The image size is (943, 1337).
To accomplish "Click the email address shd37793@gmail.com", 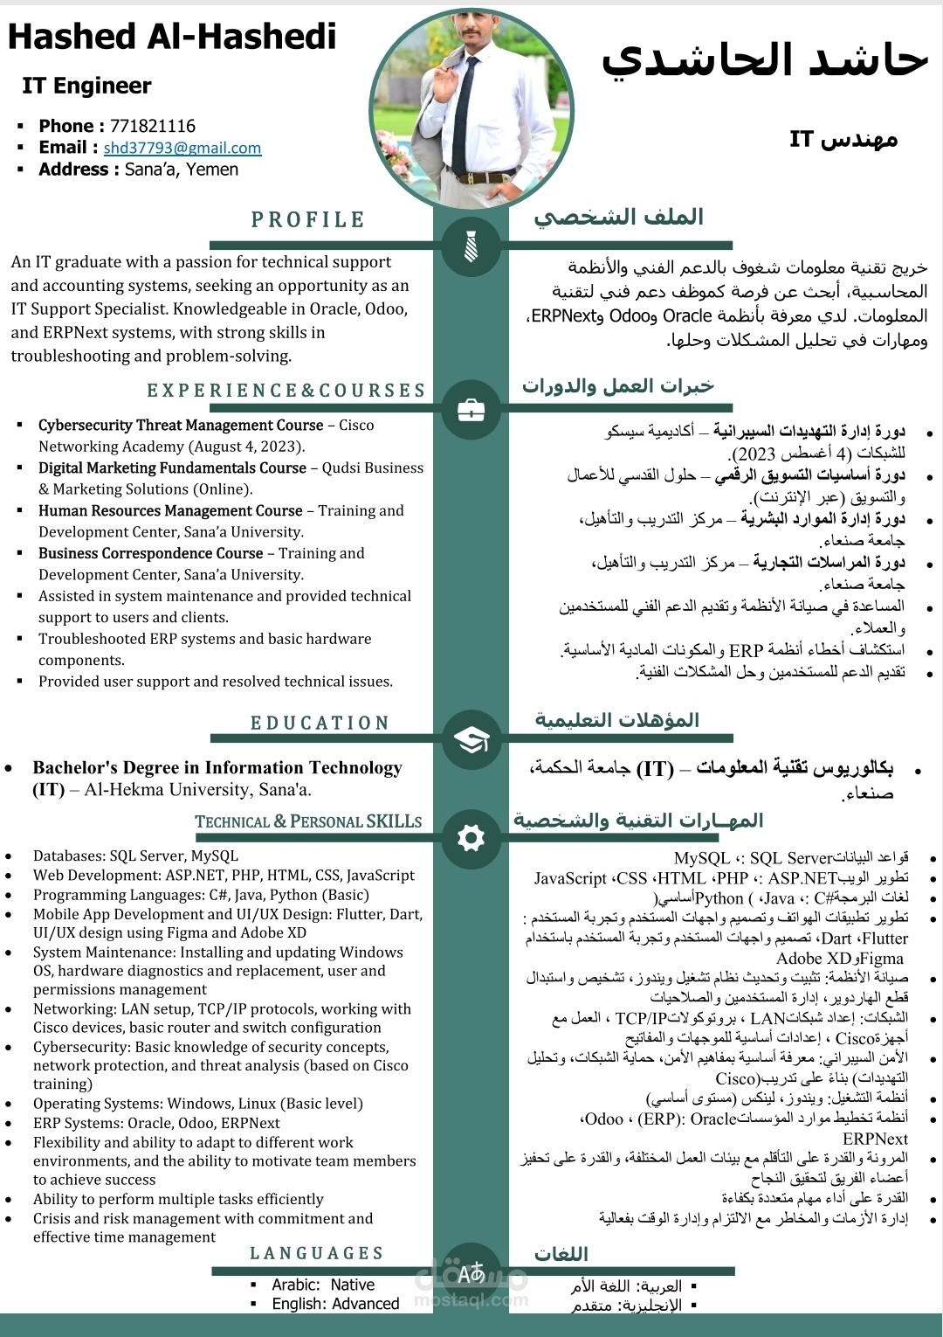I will pos(182,149).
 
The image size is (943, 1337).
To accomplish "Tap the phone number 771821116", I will pos(152,126).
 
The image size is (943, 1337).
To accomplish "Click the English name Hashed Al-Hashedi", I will pos(172,37).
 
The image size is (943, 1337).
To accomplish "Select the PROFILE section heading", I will pos(307,220).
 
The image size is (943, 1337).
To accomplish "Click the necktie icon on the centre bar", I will pos(471,247).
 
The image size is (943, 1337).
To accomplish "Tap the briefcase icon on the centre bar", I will pos(471,408).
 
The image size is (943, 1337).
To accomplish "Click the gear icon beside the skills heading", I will pos(471,838).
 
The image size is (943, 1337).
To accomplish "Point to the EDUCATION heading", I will pos(320,724).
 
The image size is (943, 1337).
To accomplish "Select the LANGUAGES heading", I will pos(317,1254).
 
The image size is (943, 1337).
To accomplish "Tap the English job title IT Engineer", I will pos(86,86).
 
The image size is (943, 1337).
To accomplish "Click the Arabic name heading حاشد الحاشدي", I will pos(763,59).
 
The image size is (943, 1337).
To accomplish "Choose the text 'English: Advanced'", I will pos(335,1304).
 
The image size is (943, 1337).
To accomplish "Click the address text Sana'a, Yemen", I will pos(182,170).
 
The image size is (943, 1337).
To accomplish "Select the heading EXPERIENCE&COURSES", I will pos(286,391).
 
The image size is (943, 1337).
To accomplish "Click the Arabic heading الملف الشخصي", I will pos(618,217).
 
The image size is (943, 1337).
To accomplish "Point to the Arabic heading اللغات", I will pos(561,1254).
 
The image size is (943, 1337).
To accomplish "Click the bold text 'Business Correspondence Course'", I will pos(150,554).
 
